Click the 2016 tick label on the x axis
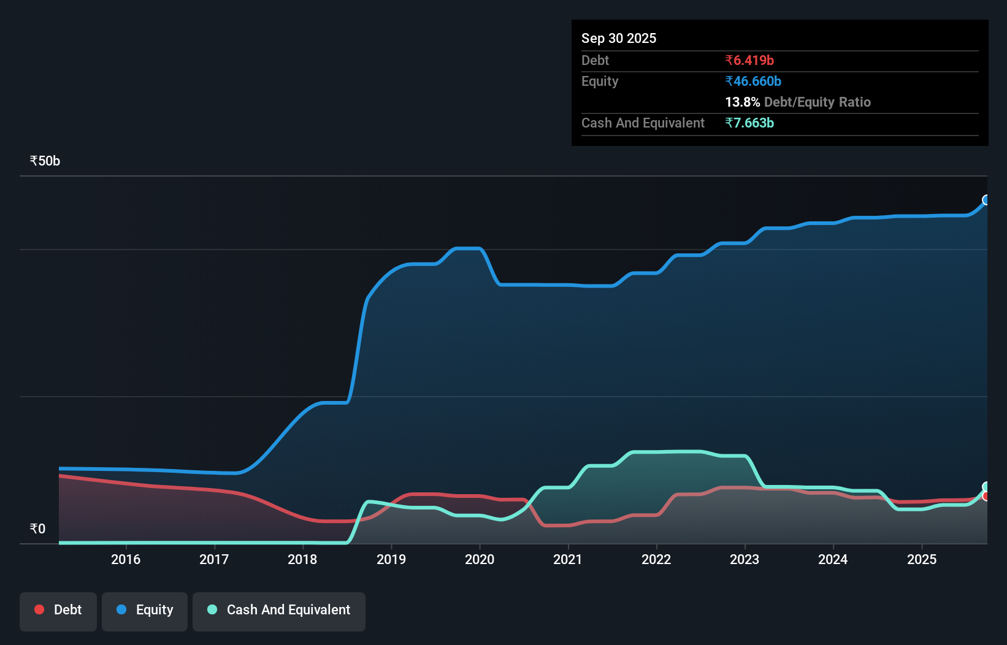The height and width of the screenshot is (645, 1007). pos(126,559)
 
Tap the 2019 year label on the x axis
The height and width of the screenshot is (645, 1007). pos(391,559)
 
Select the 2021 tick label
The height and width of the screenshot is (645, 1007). pos(568,559)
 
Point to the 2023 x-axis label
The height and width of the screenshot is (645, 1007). pos(745,559)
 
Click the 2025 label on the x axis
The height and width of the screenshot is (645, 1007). pos(922,559)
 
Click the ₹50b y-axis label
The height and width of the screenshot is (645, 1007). pos(45,161)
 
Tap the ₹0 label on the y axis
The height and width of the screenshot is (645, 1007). pos(37,529)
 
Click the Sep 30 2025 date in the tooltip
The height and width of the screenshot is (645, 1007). pos(618,38)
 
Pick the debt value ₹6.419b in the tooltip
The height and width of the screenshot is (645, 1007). pos(749,60)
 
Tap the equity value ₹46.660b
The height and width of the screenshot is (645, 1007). pos(752,81)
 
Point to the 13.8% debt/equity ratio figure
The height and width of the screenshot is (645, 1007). pos(742,102)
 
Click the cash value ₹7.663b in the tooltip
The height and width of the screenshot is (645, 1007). pos(749,123)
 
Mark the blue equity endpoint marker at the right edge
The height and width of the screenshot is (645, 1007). pos(986,200)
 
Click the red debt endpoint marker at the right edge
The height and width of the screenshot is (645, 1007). pos(986,496)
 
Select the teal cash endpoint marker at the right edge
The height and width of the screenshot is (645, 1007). pos(986,487)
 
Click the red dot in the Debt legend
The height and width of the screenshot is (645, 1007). pos(39,609)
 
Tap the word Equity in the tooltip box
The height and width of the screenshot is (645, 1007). pos(599,81)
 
